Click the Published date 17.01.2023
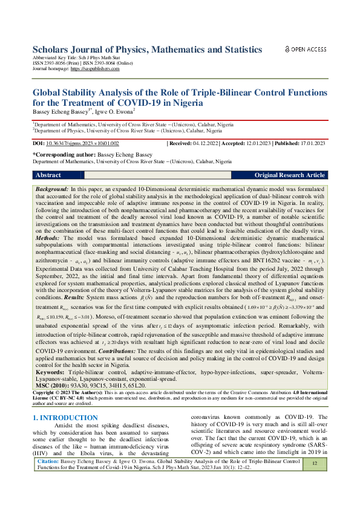click(x=308, y=144)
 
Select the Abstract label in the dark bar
click(x=48, y=175)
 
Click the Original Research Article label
click(x=289, y=175)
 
